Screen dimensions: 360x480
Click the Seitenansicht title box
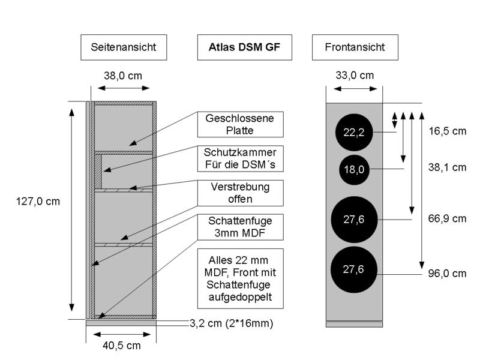pos(123,47)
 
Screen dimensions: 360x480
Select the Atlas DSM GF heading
pos(244,47)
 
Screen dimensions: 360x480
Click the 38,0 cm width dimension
pos(124,76)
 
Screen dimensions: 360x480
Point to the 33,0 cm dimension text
pos(353,76)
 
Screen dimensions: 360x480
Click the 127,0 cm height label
pos(38,202)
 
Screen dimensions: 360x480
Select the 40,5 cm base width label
pos(122,345)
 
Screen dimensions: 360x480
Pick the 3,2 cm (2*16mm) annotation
pos(232,324)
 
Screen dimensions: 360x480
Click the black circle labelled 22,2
pos(354,133)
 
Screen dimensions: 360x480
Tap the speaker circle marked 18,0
pos(354,169)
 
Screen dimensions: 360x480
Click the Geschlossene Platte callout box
pos(239,124)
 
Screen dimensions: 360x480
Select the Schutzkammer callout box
pos(239,158)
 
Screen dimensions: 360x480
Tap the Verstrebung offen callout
pos(239,193)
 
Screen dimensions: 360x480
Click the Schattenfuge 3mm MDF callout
pos(239,226)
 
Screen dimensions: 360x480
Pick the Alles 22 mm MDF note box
pos(239,278)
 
